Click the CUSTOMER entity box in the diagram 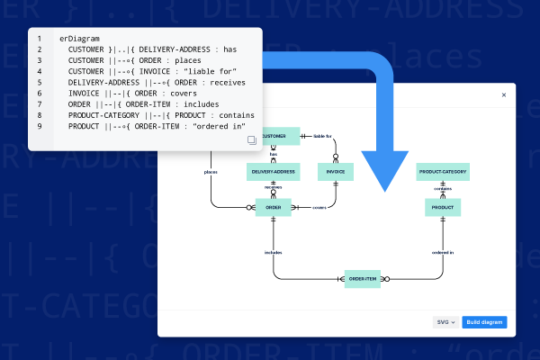click(x=280, y=137)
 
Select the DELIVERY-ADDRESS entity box click(x=273, y=171)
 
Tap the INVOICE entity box click(x=334, y=171)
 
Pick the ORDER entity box click(x=273, y=208)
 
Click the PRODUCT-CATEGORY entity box click(x=443, y=171)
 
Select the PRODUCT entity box click(x=442, y=208)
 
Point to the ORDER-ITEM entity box click(x=364, y=279)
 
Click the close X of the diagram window click(x=503, y=94)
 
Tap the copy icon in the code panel click(x=251, y=140)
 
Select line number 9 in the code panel click(x=39, y=126)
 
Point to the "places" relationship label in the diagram click(x=211, y=171)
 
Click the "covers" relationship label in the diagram click(x=319, y=208)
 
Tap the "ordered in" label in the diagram click(x=443, y=253)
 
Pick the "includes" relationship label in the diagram click(x=273, y=253)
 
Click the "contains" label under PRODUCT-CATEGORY click(x=443, y=189)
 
